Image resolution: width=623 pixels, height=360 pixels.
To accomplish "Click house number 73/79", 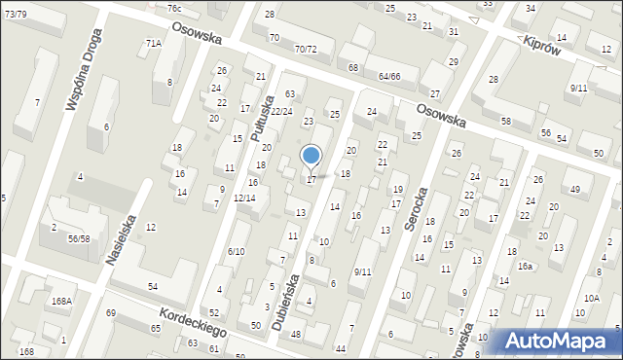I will click(15, 14).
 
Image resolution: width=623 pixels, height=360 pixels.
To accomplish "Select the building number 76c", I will click(173, 9).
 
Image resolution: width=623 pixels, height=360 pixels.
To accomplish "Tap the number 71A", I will click(153, 44).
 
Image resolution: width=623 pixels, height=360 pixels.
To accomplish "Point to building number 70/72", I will click(306, 49).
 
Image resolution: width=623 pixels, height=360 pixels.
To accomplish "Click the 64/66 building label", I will click(390, 76).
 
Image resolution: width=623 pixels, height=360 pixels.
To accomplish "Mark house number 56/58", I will click(78, 238).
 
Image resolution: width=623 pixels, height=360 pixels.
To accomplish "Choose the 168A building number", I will click(61, 302).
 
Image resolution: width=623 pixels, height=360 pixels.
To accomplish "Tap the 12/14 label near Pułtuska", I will click(244, 198).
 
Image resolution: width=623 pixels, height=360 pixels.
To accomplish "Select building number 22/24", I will click(281, 112).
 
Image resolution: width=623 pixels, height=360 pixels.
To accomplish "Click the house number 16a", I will click(525, 266).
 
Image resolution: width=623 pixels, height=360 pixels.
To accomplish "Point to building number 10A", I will click(592, 298).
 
